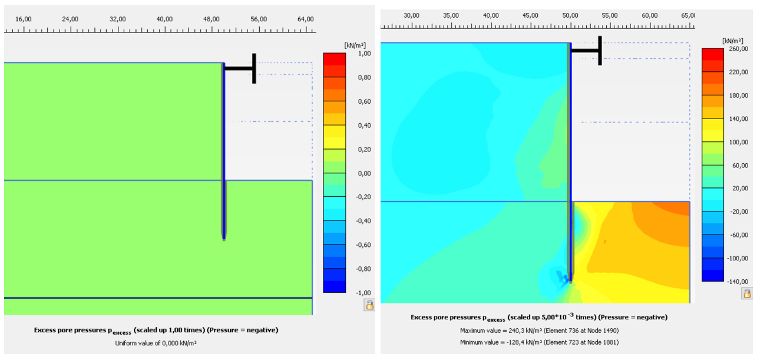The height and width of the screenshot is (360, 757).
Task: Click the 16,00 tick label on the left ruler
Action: click(x=24, y=19)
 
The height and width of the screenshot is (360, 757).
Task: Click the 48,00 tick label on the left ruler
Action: click(x=211, y=19)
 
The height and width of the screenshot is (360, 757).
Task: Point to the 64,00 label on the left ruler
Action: click(x=305, y=19)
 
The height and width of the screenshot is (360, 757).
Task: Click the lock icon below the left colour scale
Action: click(x=369, y=305)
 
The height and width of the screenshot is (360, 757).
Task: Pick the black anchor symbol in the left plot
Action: click(x=242, y=68)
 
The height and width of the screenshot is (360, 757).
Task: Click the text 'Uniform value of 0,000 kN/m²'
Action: click(x=156, y=342)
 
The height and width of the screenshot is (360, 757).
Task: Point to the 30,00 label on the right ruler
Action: click(x=411, y=15)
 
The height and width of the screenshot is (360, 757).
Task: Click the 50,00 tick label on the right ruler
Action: click(x=570, y=15)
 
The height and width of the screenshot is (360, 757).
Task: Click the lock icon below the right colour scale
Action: click(x=747, y=293)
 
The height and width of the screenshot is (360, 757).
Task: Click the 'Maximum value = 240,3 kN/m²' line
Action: click(x=539, y=331)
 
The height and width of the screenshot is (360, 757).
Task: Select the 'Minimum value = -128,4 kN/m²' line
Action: click(x=539, y=342)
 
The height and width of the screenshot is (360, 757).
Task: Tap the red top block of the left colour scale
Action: click(x=334, y=59)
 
